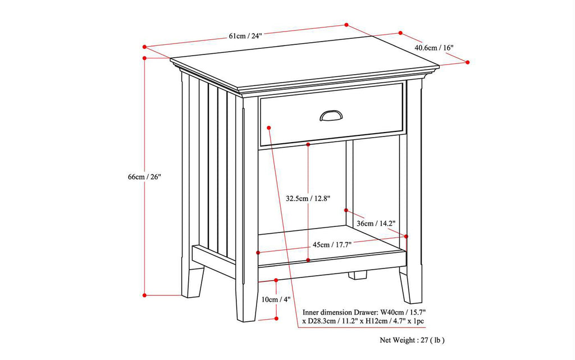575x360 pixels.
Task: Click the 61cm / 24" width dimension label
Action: pos(245,36)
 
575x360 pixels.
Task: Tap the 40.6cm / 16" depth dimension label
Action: pos(433,48)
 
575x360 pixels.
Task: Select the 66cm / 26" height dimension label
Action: pos(144,177)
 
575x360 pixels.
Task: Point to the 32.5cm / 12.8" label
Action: pos(308,198)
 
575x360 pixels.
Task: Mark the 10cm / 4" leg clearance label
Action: pos(276,299)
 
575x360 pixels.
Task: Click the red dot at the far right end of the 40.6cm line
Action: pos(468,62)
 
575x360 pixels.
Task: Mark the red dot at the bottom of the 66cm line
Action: pos(145,294)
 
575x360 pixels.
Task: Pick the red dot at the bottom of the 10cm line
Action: pos(276,318)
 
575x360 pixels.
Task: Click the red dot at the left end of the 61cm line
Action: pos(145,47)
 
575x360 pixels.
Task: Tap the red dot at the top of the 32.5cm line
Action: pos(308,144)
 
